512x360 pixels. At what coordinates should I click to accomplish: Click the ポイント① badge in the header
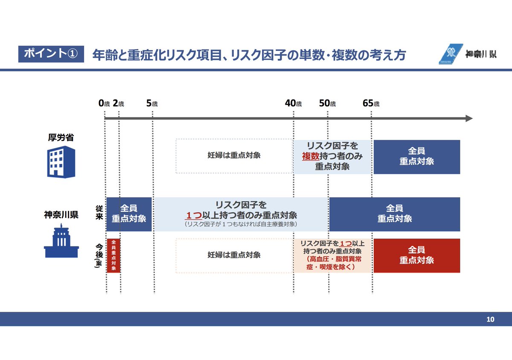click(x=51, y=53)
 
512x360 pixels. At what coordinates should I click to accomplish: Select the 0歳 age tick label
click(x=104, y=103)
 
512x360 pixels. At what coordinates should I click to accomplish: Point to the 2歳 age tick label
click(x=119, y=103)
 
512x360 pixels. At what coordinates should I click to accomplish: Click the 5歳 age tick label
click(x=152, y=103)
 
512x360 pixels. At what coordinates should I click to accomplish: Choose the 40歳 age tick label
click(x=293, y=103)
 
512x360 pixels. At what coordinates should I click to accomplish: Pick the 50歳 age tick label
click(x=327, y=103)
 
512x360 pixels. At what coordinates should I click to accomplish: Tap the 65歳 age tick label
click(x=371, y=103)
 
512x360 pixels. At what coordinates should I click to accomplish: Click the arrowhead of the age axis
click(x=469, y=118)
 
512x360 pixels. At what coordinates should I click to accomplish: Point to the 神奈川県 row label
click(x=61, y=214)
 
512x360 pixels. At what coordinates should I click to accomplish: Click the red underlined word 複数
click(x=310, y=156)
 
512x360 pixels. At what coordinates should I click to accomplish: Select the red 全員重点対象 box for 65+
click(x=416, y=255)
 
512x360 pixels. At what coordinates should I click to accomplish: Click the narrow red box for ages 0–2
click(x=113, y=255)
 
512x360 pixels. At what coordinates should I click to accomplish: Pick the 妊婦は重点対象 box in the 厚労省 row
click(x=234, y=156)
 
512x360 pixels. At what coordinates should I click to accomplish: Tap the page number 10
click(x=490, y=319)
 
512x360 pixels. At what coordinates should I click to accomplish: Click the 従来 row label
click(x=98, y=212)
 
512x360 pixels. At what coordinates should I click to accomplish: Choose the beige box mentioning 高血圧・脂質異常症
click(x=332, y=255)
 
